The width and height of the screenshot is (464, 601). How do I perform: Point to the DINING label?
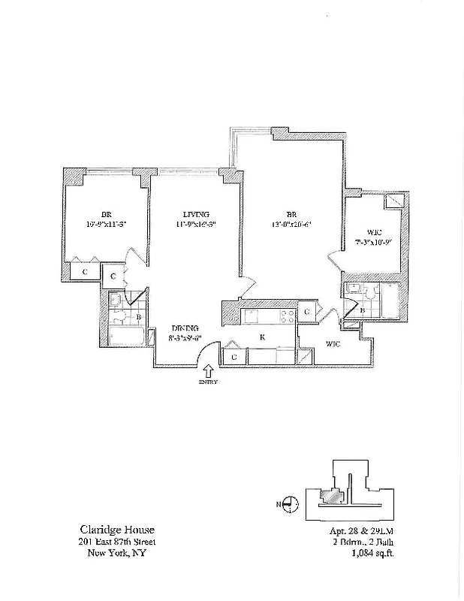tap(184, 328)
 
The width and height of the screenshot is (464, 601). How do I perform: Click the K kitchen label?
tap(262, 337)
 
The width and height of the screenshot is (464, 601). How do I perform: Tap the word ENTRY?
tap(207, 382)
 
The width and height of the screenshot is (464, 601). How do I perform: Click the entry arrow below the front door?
tap(207, 370)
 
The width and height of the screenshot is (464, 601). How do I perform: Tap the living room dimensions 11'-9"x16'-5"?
tap(195, 224)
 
